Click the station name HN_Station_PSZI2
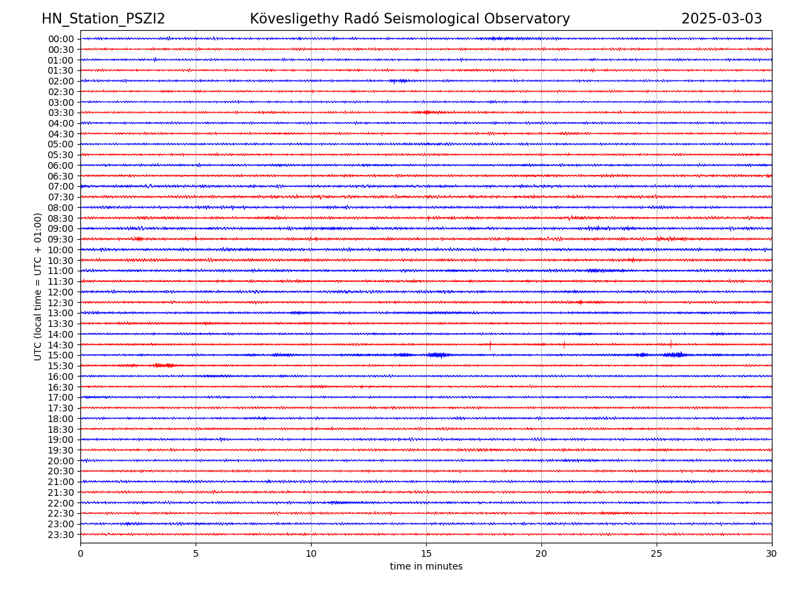tap(103, 19)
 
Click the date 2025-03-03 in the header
tap(722, 19)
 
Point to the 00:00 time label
tap(61, 39)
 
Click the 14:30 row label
tap(61, 345)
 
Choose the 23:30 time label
tap(61, 535)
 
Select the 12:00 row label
tap(61, 292)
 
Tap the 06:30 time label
tap(61, 176)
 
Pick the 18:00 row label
tap(61, 419)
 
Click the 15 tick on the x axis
tap(426, 554)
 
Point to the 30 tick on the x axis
tap(772, 554)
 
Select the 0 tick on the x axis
tap(80, 554)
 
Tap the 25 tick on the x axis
tap(657, 554)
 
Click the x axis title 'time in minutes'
tap(426, 567)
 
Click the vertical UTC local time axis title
tap(38, 286)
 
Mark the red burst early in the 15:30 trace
tap(163, 365)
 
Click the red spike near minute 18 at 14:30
tap(490, 345)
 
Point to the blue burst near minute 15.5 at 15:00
tap(438, 354)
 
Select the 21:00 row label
tap(61, 482)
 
